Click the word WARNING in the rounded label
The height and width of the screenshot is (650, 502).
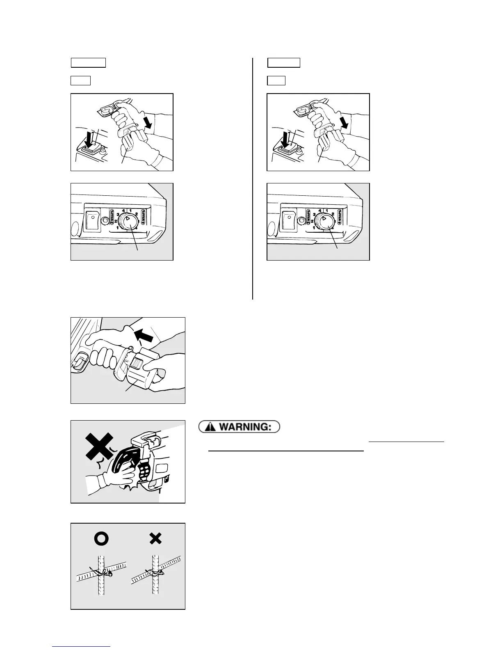point(244,427)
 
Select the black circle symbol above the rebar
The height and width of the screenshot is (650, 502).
point(101,538)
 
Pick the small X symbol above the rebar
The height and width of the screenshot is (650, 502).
point(155,538)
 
